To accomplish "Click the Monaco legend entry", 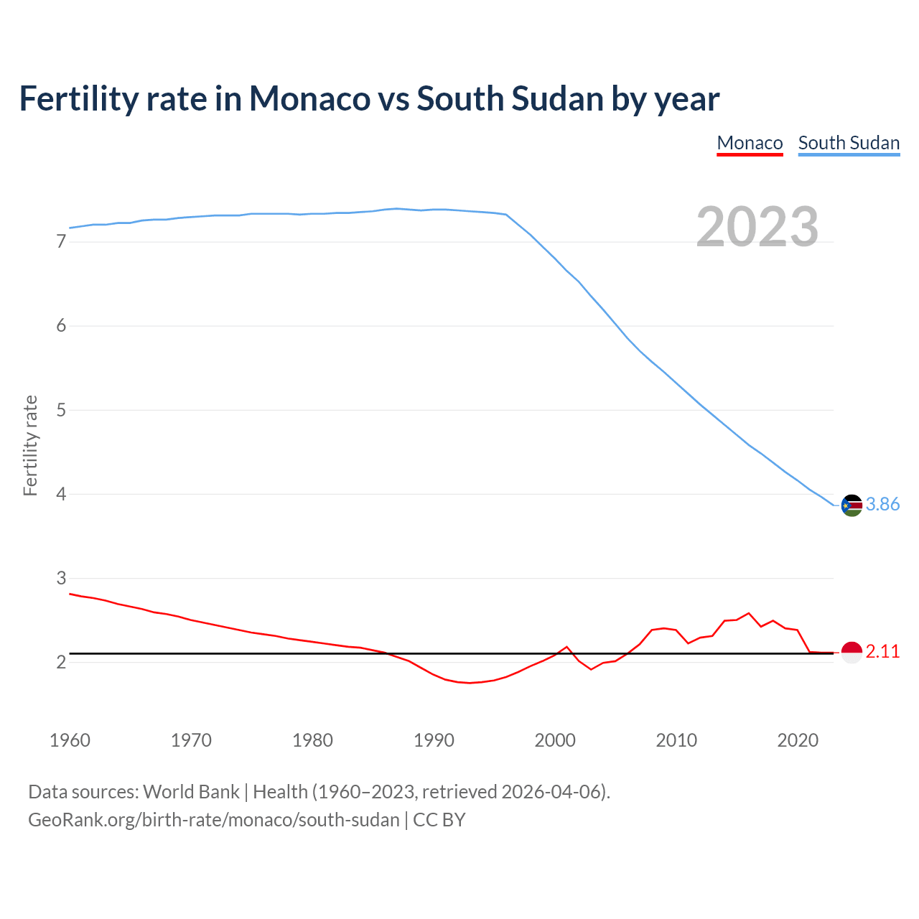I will (x=750, y=143).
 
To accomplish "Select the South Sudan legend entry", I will (x=849, y=143).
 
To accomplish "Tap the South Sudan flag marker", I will (x=852, y=505).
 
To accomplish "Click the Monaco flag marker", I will (x=852, y=652).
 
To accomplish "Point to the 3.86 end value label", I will (x=882, y=505).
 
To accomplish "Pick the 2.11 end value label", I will (x=882, y=652).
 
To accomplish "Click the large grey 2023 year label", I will (x=757, y=227).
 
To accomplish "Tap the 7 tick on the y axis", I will (x=61, y=242).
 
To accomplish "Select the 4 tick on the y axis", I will (x=61, y=495).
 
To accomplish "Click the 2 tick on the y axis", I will (x=61, y=663).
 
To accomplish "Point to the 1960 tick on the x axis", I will (x=70, y=740).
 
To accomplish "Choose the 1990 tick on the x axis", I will (x=434, y=740).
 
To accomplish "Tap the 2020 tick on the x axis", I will (x=798, y=740).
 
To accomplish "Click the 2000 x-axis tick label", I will (x=555, y=740).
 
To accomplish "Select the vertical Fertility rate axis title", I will (x=30, y=445).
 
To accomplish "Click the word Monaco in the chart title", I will (x=309, y=99).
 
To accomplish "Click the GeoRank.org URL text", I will (x=213, y=820).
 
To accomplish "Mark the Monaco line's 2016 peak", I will (x=749, y=613).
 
